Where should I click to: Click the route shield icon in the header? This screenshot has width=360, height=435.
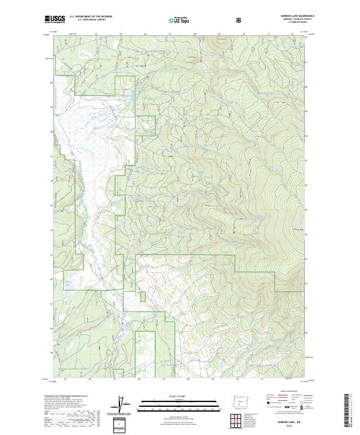pyautogui.click(x=240, y=20)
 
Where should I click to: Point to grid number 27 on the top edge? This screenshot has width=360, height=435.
pyautogui.click(x=170, y=34)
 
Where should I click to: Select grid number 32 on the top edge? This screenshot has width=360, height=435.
pyautogui.click(x=292, y=34)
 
